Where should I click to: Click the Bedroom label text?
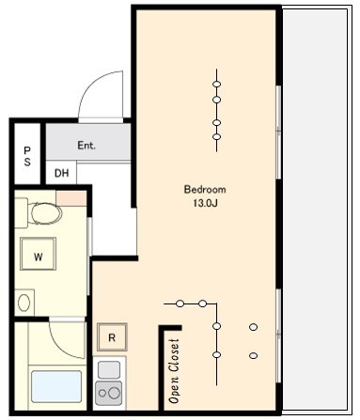click(205, 190)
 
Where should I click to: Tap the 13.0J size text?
click(205, 203)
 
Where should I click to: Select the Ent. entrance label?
click(86, 146)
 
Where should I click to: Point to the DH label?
click(61, 173)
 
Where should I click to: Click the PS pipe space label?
click(27, 156)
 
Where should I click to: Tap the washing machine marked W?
click(38, 254)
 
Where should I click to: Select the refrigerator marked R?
click(112, 337)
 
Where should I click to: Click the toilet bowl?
click(46, 213)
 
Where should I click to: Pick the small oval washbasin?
click(23, 303)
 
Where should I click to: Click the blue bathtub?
click(56, 387)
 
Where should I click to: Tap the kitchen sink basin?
click(109, 369)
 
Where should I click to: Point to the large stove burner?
click(115, 393)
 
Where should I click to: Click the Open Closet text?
click(174, 371)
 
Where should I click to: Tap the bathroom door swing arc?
click(64, 348)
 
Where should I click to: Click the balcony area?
click(315, 209)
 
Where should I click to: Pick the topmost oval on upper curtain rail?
click(216, 84)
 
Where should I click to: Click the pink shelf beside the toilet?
click(71, 198)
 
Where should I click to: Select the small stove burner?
click(102, 393)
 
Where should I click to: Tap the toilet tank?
click(22, 213)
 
